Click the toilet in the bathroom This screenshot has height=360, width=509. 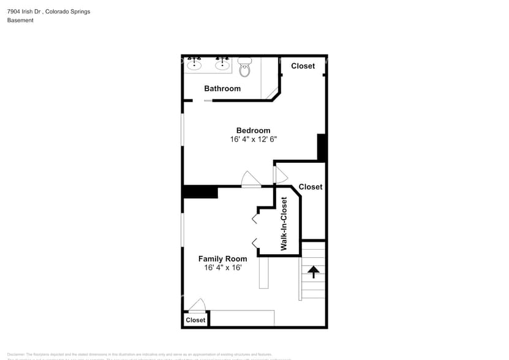click(245, 68)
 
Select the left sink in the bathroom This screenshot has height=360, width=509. click(195, 64)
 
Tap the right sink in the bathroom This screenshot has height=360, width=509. click(222, 64)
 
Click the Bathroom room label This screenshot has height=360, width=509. click(222, 89)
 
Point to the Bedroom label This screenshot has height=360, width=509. click(253, 130)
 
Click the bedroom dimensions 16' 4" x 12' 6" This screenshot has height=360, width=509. click(253, 140)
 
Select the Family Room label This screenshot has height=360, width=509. click(222, 259)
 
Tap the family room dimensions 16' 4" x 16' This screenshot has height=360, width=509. click(223, 268)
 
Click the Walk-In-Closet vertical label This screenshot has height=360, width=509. click(284, 223)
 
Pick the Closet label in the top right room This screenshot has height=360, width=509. click(303, 66)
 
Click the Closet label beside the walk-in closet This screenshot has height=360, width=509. click(310, 187)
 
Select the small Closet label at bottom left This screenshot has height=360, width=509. click(195, 320)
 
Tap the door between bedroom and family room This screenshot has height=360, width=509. click(251, 180)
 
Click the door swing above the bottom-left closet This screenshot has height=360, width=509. click(197, 305)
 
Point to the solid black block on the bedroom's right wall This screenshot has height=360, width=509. click(322, 148)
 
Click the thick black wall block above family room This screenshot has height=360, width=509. click(200, 192)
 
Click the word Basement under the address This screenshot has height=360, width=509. click(20, 20)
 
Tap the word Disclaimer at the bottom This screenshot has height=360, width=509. click(16, 354)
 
